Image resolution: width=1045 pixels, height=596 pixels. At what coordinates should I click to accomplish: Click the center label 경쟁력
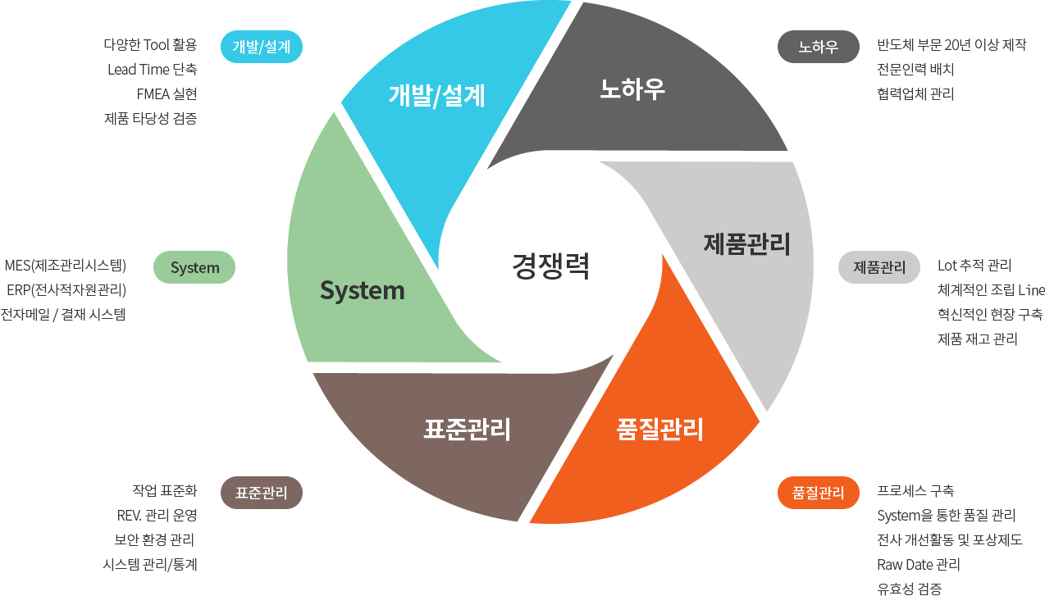pyautogui.click(x=550, y=266)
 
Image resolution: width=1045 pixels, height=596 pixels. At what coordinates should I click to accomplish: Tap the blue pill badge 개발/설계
pyautogui.click(x=262, y=47)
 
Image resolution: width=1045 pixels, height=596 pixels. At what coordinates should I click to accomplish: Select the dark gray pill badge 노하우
pyautogui.click(x=818, y=47)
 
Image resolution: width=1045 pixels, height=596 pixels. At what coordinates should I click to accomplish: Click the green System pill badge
pyautogui.click(x=194, y=268)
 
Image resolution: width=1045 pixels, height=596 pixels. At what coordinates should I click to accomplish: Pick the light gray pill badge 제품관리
pyautogui.click(x=879, y=267)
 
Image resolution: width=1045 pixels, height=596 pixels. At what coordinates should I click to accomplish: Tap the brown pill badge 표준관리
pyautogui.click(x=262, y=493)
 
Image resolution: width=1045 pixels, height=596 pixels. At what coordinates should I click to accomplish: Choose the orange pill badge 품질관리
pyautogui.click(x=818, y=493)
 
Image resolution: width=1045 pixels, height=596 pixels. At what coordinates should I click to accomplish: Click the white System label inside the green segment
pyautogui.click(x=362, y=290)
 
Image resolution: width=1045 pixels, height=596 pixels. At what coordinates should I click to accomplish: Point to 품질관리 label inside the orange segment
pyautogui.click(x=659, y=429)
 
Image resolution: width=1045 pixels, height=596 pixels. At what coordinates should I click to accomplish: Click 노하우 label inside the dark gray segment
pyautogui.click(x=632, y=89)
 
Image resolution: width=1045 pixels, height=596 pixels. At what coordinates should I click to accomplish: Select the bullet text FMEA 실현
pyautogui.click(x=167, y=93)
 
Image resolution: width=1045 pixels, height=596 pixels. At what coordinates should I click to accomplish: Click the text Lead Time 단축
pyautogui.click(x=152, y=69)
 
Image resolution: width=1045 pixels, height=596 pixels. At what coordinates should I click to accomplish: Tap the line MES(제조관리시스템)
pyautogui.click(x=65, y=266)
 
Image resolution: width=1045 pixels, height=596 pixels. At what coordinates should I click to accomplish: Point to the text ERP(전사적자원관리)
pyautogui.click(x=66, y=289)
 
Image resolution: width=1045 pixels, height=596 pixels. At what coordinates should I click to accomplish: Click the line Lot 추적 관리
pyautogui.click(x=974, y=266)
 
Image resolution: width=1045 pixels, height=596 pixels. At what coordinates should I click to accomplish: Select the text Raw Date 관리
pyautogui.click(x=919, y=564)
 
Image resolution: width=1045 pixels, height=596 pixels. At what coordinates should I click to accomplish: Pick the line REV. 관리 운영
pyautogui.click(x=157, y=515)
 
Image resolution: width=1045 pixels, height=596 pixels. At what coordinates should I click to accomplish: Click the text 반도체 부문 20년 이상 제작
pyautogui.click(x=951, y=45)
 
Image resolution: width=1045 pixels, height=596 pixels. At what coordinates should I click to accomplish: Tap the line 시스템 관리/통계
pyautogui.click(x=150, y=564)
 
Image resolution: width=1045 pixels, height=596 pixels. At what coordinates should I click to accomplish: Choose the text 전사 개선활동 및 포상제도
pyautogui.click(x=950, y=539)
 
